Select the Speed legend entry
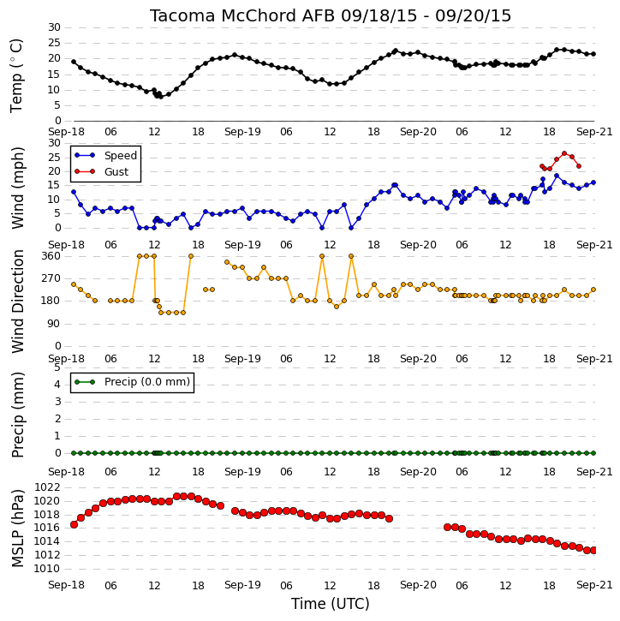[x=106, y=155]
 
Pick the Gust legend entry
[x=102, y=171]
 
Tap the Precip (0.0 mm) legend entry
[x=132, y=382]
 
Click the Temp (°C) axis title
[x=16, y=75]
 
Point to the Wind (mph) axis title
[x=17, y=188]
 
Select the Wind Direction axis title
[x=17, y=302]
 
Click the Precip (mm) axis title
[x=17, y=415]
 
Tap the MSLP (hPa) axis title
[x=17, y=528]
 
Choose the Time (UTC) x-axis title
[x=331, y=604]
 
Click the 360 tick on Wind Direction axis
[x=51, y=256]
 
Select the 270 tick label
[x=51, y=278]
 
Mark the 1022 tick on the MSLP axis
[x=47, y=487]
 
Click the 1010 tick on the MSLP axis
[x=47, y=569]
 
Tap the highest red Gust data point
[x=564, y=153]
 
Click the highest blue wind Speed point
[x=557, y=176]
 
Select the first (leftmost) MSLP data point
[x=74, y=524]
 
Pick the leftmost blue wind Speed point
[x=74, y=192]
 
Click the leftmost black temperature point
[x=74, y=62]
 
